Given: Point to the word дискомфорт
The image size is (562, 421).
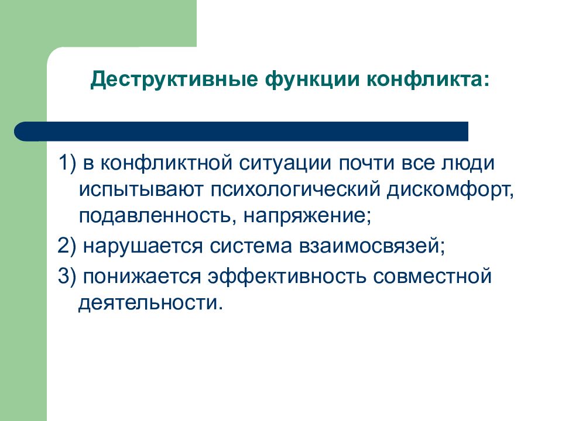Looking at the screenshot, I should [x=447, y=191].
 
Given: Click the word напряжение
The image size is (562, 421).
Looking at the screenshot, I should [x=307, y=218].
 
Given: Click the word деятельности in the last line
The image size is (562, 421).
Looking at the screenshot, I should [x=149, y=304].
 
